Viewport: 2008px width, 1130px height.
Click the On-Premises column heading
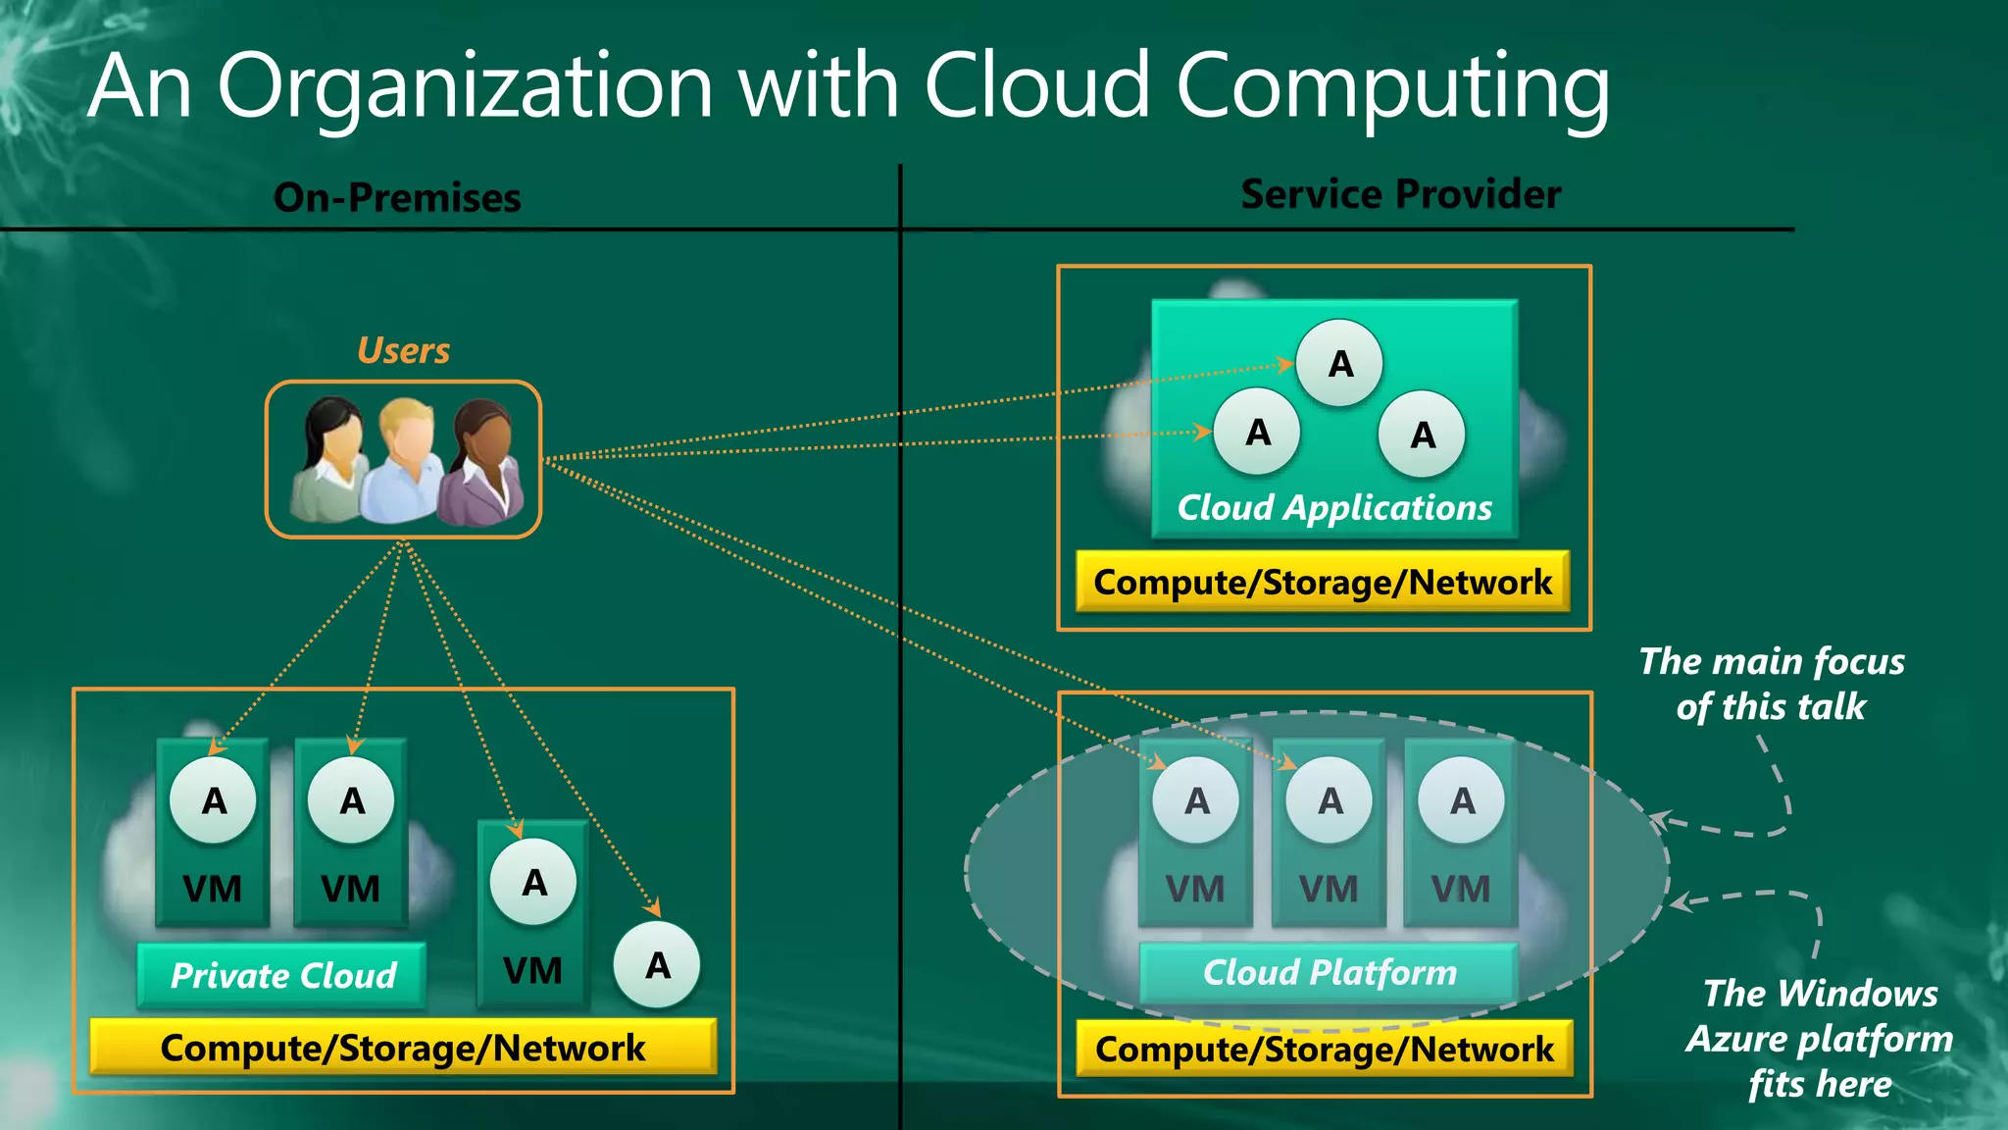pyautogui.click(x=397, y=198)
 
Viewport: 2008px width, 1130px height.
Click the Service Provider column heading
pyautogui.click(x=1400, y=194)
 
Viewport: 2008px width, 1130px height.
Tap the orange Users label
pyautogui.click(x=403, y=350)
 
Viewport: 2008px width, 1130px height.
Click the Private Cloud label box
pyautogui.click(x=282, y=975)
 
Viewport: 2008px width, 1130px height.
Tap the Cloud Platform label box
pyautogui.click(x=1330, y=972)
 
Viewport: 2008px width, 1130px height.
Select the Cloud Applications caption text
pyautogui.click(x=1333, y=507)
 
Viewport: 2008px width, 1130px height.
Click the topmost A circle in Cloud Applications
pyautogui.click(x=1340, y=364)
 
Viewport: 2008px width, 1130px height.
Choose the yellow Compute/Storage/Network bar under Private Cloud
pyautogui.click(x=403, y=1047)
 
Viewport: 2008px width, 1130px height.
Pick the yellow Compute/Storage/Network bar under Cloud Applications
pyautogui.click(x=1323, y=582)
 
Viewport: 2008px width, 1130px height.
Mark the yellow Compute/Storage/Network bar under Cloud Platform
pyautogui.click(x=1325, y=1049)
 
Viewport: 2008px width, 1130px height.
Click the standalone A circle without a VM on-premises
pyautogui.click(x=657, y=965)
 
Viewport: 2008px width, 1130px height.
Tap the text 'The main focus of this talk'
pyautogui.click(x=1771, y=684)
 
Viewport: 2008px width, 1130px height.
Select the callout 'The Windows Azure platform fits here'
pyautogui.click(x=1820, y=1038)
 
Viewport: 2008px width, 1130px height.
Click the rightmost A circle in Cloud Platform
pyautogui.click(x=1462, y=800)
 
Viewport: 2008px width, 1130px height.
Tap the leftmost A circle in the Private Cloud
pyautogui.click(x=213, y=800)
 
